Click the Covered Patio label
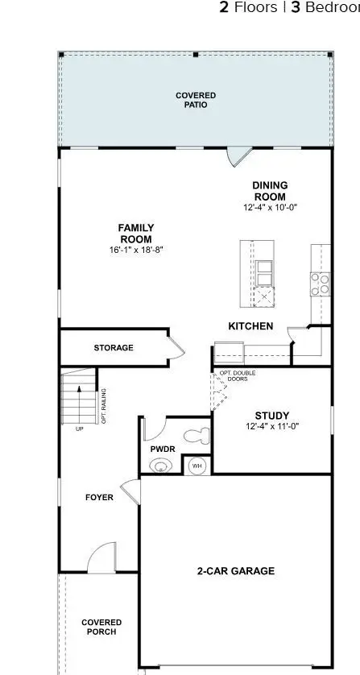point(196,100)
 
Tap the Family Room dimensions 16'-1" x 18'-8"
point(136,251)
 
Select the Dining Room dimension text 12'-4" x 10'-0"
point(270,208)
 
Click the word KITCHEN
point(250,326)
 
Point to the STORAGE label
point(114,348)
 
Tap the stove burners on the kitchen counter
point(320,282)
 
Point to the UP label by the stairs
point(78,429)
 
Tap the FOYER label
point(99,497)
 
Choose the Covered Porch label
point(101,627)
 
